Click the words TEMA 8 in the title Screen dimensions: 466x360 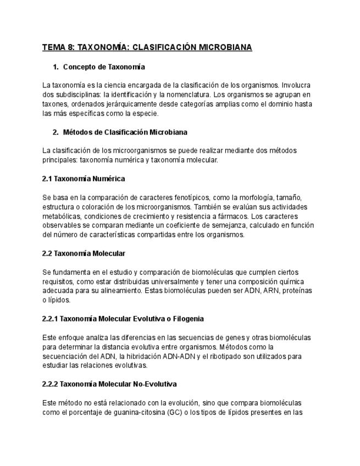pyautogui.click(x=58, y=47)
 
